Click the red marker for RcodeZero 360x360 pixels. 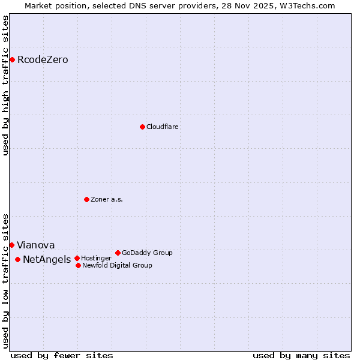click(x=12, y=59)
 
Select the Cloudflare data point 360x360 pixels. click(x=142, y=127)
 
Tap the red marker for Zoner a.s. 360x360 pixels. click(x=86, y=199)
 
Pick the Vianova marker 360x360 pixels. click(x=11, y=245)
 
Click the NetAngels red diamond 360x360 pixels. click(x=17, y=259)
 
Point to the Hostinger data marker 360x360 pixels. click(x=77, y=258)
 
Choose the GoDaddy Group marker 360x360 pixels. click(x=118, y=253)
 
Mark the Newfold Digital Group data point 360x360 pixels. click(x=78, y=265)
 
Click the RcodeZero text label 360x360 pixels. click(x=43, y=59)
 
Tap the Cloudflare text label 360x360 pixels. click(x=162, y=127)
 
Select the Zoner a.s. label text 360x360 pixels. click(x=107, y=199)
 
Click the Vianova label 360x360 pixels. click(x=35, y=245)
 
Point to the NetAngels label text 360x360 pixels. click(x=46, y=259)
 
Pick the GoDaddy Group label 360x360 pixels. click(x=147, y=253)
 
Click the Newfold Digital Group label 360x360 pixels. click(x=117, y=265)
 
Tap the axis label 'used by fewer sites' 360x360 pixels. click(x=62, y=355)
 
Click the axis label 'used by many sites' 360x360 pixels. click(x=301, y=355)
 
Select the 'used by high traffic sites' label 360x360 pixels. click(x=5, y=85)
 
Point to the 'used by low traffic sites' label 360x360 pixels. click(x=5, y=281)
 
